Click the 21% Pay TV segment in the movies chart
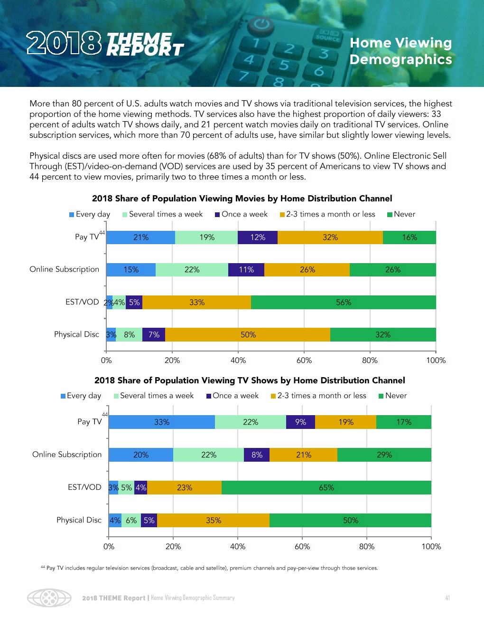(x=140, y=237)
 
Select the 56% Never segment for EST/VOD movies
(x=343, y=303)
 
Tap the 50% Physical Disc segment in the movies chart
(x=248, y=335)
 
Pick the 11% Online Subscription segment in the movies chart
(x=246, y=270)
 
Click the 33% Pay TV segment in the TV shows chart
(x=162, y=422)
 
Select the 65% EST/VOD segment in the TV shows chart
(x=326, y=488)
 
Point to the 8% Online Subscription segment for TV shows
(x=257, y=455)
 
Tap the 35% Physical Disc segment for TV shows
(x=213, y=521)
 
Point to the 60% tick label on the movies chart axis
(x=304, y=361)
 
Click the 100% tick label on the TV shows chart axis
(x=431, y=547)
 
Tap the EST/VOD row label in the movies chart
(x=82, y=302)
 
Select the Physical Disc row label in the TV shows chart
(x=79, y=520)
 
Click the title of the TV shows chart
(x=250, y=380)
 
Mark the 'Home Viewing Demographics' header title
(x=400, y=51)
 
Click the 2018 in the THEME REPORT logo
(x=64, y=43)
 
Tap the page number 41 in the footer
(x=447, y=598)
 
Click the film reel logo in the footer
(x=49, y=598)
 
